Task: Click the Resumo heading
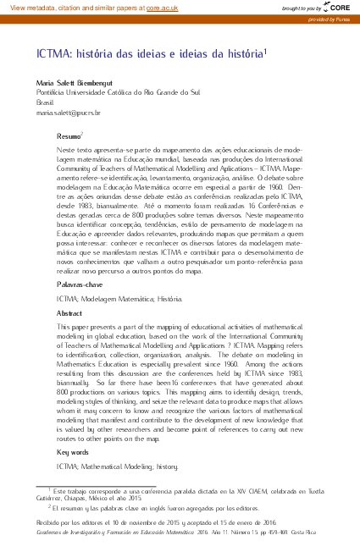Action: click(69, 135)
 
